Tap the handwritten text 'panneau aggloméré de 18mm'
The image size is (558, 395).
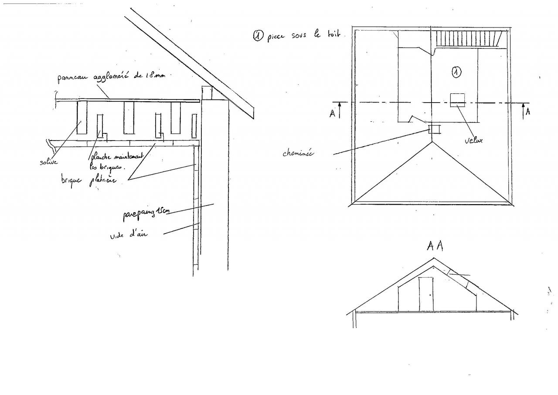(111, 77)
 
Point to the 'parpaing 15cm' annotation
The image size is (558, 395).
(145, 213)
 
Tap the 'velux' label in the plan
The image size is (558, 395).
(473, 140)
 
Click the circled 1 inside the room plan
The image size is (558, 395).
(456, 72)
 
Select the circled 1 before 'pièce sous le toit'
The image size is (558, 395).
(258, 37)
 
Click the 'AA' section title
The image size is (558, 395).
(435, 246)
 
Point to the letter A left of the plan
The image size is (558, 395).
(333, 113)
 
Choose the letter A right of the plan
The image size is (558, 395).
(528, 112)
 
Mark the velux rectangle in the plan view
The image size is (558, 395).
(458, 100)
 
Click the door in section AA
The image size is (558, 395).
(426, 294)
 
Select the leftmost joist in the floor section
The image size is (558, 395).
(82, 117)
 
